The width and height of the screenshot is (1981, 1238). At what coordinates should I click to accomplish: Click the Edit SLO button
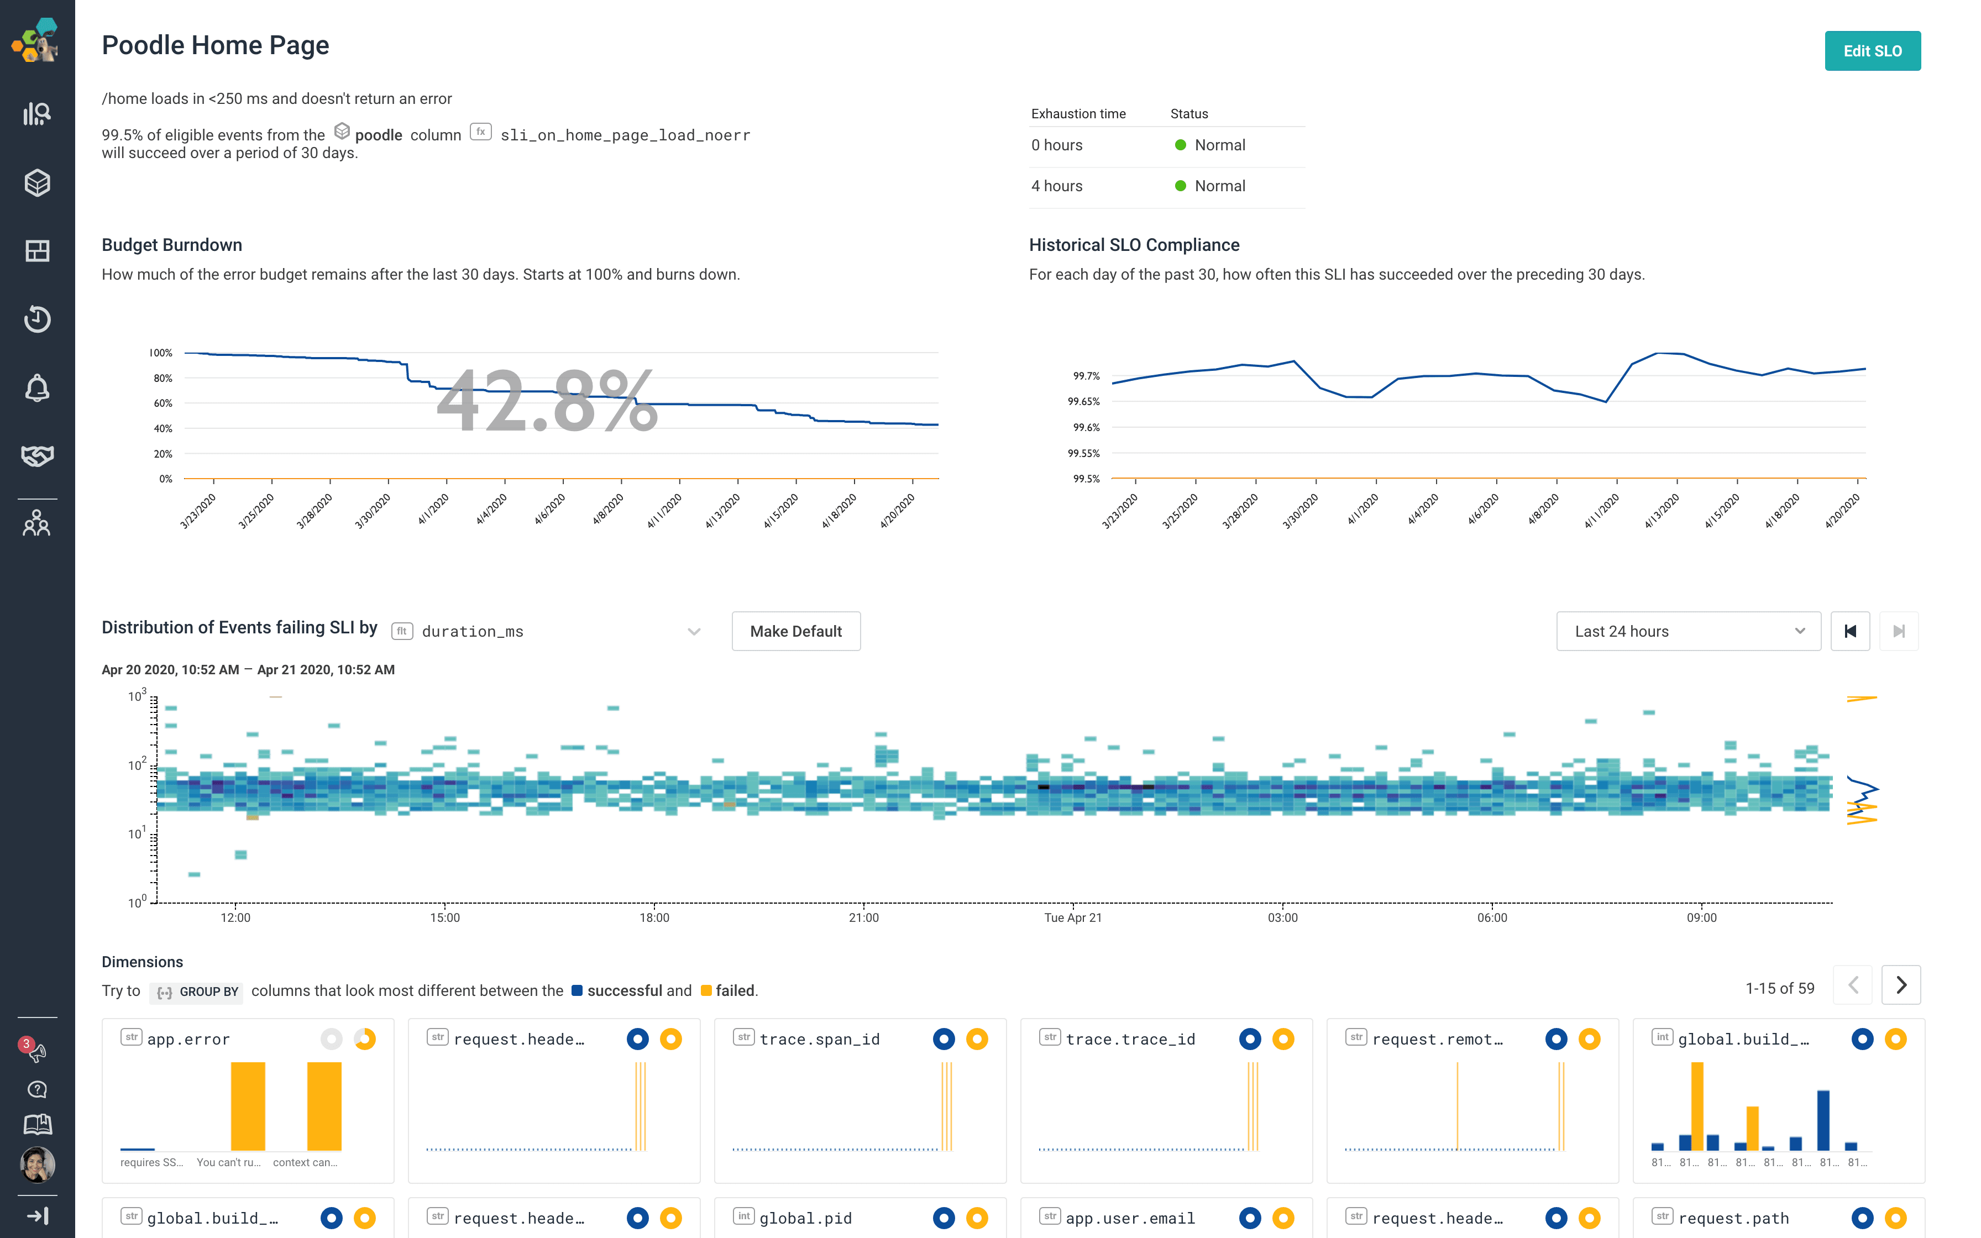coord(1872,51)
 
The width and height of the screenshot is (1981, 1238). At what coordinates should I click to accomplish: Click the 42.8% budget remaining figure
coord(547,401)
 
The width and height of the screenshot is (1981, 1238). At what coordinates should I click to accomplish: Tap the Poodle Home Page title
coord(216,45)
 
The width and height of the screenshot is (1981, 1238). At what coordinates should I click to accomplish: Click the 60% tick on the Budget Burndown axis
coord(163,403)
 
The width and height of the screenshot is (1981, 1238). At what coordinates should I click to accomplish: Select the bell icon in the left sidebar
coord(37,388)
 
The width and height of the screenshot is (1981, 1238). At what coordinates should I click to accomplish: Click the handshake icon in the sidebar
coord(37,455)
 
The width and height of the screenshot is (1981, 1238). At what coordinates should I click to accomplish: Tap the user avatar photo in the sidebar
coord(37,1163)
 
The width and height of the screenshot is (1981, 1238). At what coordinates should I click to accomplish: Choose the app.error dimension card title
coord(188,1039)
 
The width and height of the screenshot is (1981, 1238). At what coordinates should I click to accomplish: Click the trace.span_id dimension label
coord(819,1039)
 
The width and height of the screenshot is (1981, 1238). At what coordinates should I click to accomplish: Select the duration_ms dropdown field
coord(548,631)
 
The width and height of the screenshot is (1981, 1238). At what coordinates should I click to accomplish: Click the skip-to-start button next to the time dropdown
coord(1849,631)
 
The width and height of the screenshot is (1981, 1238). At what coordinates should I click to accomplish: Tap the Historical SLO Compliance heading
coord(1134,245)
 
